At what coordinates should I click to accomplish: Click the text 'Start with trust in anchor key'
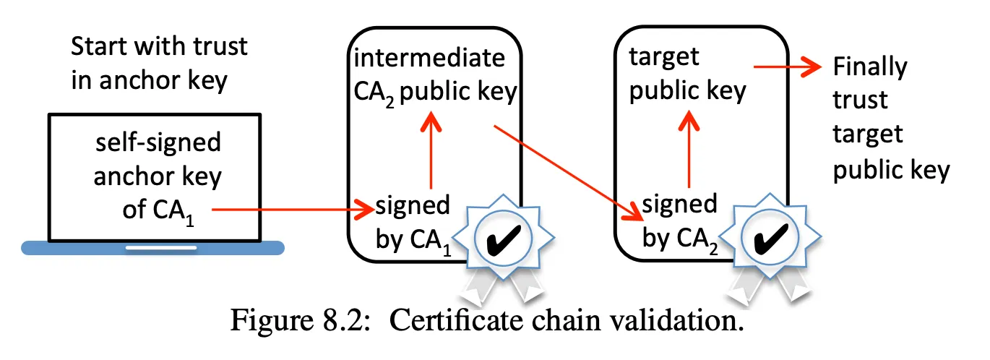coord(159,63)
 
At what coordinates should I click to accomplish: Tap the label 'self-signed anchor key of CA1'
coord(158,178)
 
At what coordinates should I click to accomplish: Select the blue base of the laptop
coord(152,248)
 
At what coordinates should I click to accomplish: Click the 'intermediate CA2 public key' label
coord(431,76)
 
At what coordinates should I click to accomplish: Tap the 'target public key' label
coord(686,76)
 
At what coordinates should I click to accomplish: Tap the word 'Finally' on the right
coord(869,67)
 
